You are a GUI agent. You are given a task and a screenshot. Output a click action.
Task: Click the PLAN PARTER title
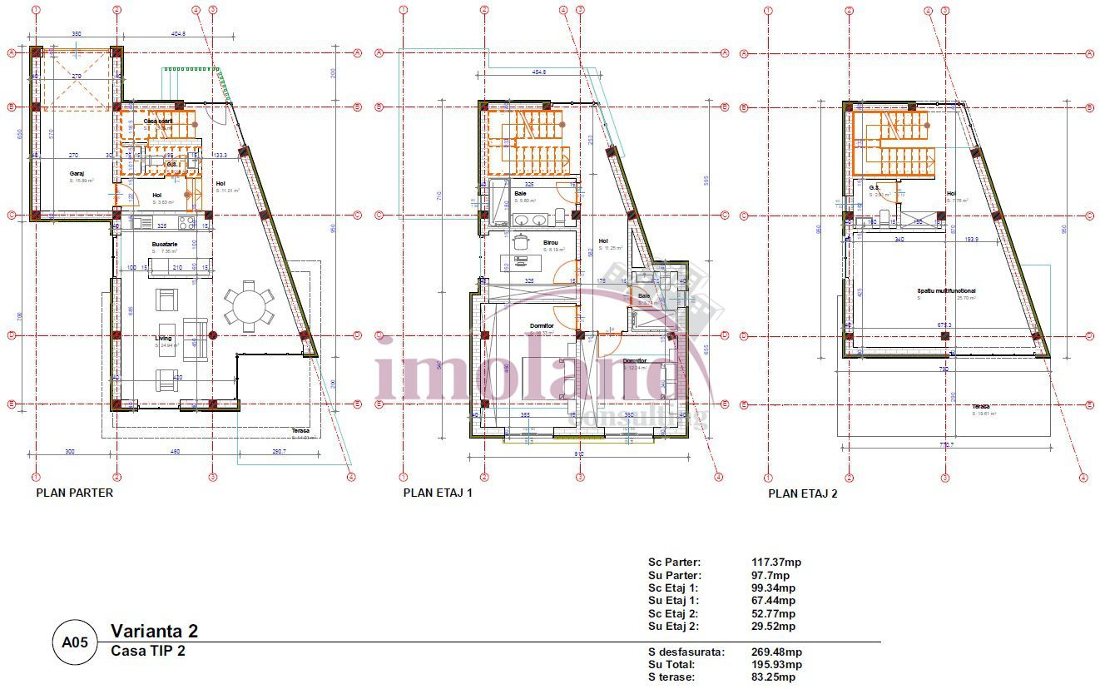(x=74, y=493)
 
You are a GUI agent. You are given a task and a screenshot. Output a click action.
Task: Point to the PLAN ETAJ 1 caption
(x=438, y=493)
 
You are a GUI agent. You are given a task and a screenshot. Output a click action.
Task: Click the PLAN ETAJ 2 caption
(x=803, y=493)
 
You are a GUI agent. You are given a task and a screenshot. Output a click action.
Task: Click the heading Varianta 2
(x=155, y=632)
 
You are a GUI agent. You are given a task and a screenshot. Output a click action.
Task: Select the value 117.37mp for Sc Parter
(x=775, y=563)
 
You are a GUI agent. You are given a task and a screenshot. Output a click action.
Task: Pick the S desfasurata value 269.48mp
(x=776, y=652)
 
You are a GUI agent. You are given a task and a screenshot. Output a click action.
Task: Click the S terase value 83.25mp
(x=773, y=677)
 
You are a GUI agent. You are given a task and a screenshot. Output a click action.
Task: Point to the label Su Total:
(x=671, y=665)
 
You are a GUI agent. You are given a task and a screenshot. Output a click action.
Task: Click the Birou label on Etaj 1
(x=551, y=242)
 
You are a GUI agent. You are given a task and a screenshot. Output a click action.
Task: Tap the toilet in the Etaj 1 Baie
(x=560, y=219)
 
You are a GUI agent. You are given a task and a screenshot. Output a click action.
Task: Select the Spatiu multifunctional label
(x=946, y=291)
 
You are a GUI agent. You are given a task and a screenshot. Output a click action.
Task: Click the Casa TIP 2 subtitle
(x=148, y=651)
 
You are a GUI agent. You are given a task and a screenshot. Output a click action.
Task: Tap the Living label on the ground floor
(x=162, y=339)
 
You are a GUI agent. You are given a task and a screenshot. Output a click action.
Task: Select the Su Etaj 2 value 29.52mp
(x=773, y=627)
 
